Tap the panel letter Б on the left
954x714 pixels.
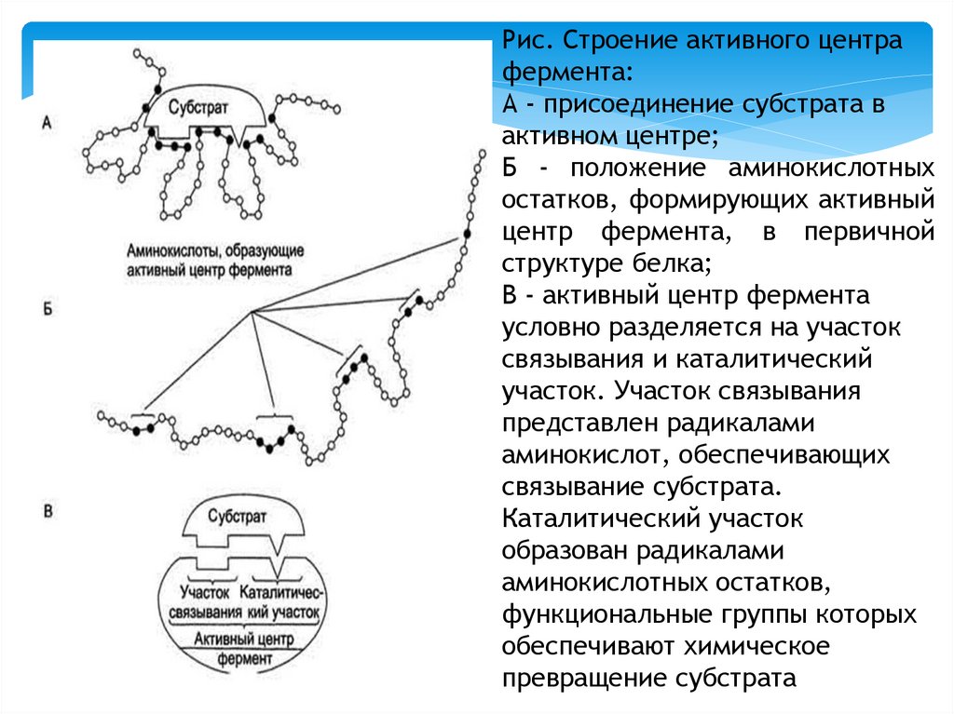pyautogui.click(x=48, y=308)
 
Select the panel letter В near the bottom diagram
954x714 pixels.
pyautogui.click(x=49, y=510)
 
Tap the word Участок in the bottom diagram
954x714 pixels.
pyautogui.click(x=205, y=592)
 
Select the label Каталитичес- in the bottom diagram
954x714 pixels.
pyautogui.click(x=281, y=592)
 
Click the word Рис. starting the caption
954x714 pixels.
pyautogui.click(x=526, y=42)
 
